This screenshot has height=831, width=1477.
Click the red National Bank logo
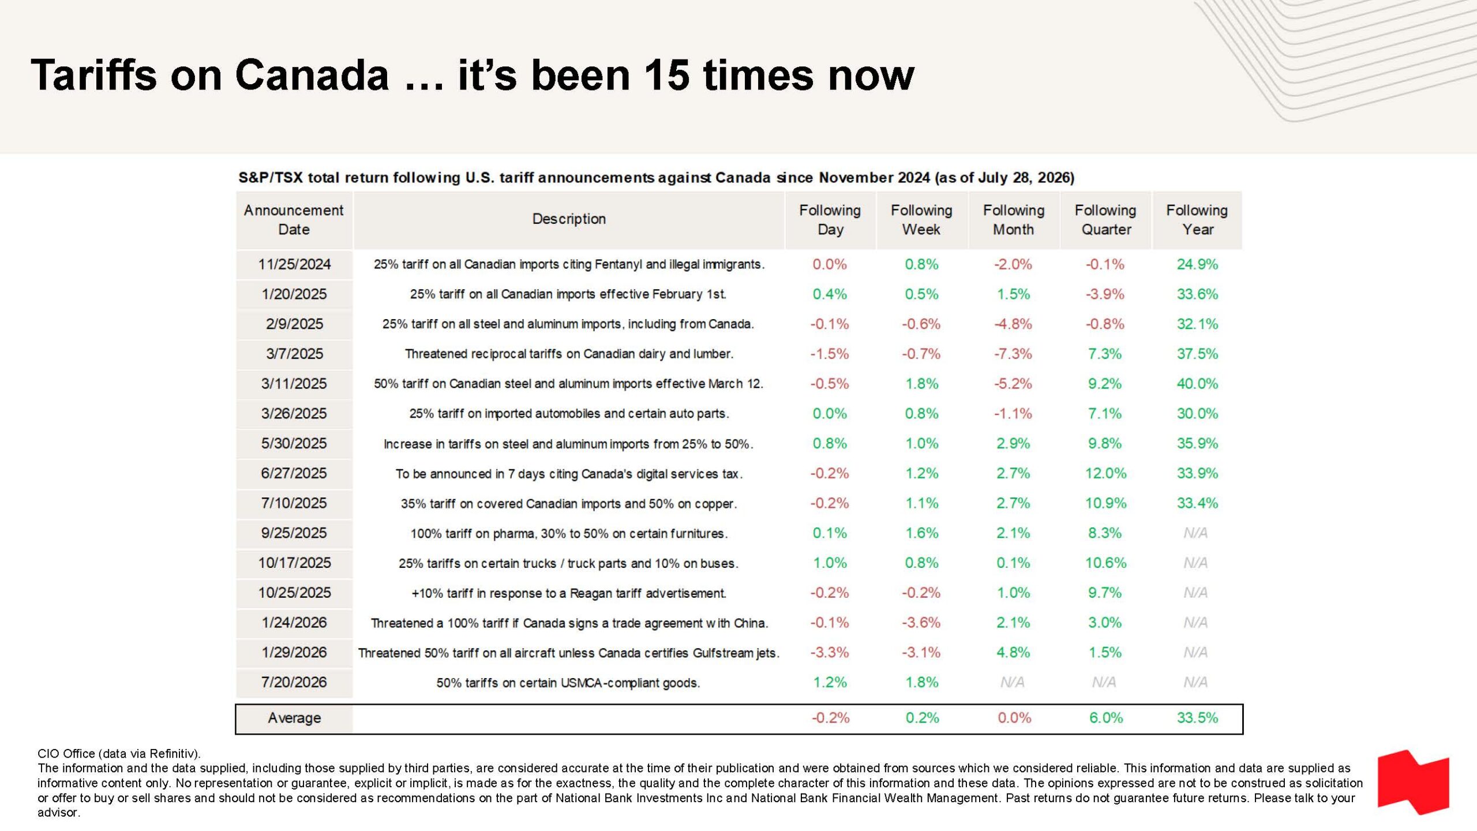click(1413, 782)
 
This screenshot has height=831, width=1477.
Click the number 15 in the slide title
click(667, 75)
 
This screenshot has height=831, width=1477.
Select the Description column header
click(569, 219)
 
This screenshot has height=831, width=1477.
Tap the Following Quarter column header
click(1105, 220)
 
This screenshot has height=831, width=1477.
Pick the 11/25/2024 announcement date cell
click(294, 264)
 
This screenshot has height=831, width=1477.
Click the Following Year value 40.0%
click(1197, 384)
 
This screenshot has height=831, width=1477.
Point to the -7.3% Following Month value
click(1013, 354)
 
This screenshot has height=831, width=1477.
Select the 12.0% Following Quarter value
click(1105, 473)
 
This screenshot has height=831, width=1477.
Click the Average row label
click(294, 718)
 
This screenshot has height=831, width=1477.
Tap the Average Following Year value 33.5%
click(1197, 718)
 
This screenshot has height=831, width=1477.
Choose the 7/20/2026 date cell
click(294, 682)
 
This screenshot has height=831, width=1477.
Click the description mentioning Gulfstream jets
click(569, 653)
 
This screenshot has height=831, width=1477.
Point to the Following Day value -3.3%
click(830, 653)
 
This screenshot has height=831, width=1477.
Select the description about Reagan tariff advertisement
click(569, 593)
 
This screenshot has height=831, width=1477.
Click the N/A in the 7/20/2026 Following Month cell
click(1013, 682)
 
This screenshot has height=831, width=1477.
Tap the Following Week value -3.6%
click(921, 623)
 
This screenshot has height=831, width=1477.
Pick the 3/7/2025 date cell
click(294, 354)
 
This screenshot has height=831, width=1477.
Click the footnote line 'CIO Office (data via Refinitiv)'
click(119, 754)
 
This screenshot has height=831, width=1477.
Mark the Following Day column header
click(830, 220)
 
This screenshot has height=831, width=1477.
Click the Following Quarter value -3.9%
click(1105, 294)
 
